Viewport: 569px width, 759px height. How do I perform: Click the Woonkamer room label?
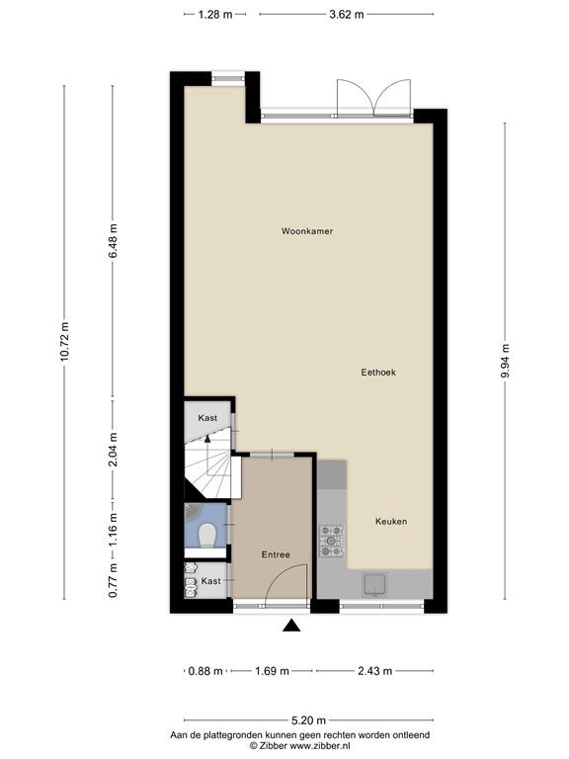click(x=307, y=231)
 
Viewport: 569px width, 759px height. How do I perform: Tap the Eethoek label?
click(x=378, y=373)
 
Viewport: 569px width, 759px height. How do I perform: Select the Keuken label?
click(x=391, y=522)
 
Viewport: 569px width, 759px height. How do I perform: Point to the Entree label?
click(x=276, y=554)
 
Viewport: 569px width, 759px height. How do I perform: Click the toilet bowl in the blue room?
click(x=207, y=536)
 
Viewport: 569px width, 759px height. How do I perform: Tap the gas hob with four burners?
click(x=332, y=541)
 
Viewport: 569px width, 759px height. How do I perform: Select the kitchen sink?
click(x=374, y=584)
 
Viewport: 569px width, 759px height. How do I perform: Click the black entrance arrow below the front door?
click(x=291, y=626)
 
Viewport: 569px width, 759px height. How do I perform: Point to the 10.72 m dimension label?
click(x=64, y=341)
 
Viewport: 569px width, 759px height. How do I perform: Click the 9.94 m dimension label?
click(x=505, y=361)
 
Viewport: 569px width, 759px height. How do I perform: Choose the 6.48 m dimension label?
click(x=113, y=241)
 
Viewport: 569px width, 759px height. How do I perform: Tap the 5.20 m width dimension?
click(x=308, y=720)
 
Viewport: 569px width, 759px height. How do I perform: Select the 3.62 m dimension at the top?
click(x=347, y=14)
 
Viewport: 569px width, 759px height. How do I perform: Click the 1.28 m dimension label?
click(x=215, y=14)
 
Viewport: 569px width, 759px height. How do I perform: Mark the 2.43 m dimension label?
click(x=375, y=671)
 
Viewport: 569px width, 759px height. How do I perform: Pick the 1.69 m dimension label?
click(x=272, y=671)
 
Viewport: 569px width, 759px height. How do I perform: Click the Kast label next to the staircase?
click(x=207, y=418)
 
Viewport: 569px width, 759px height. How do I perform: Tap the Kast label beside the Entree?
click(x=211, y=581)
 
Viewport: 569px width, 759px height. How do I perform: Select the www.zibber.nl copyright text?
click(x=300, y=746)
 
